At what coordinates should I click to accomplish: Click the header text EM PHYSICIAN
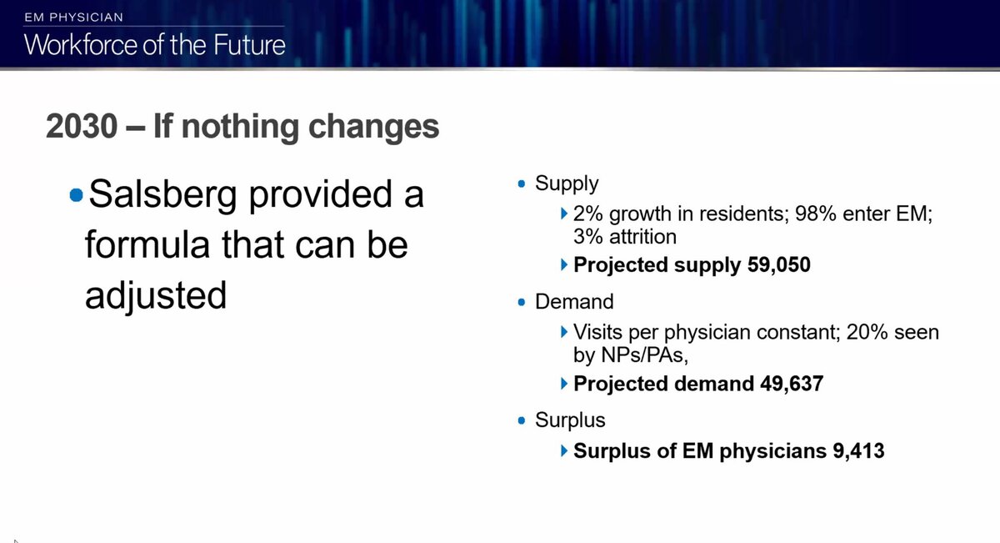click(x=73, y=18)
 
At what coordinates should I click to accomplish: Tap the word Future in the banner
click(x=249, y=45)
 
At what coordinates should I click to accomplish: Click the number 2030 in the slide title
click(x=82, y=126)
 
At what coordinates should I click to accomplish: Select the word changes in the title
click(x=373, y=128)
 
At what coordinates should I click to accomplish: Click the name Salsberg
click(x=162, y=194)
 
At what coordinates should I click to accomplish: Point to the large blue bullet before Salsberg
click(x=77, y=195)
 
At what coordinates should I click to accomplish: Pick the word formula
click(x=147, y=244)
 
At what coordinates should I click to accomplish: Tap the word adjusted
click(x=156, y=296)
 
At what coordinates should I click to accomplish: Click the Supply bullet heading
click(x=567, y=184)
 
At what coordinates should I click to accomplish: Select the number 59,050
click(x=779, y=264)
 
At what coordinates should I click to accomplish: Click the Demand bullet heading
click(x=574, y=302)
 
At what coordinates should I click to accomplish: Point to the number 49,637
click(x=792, y=384)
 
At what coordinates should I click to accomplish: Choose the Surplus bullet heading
click(x=570, y=420)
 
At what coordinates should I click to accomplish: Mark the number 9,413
click(x=859, y=450)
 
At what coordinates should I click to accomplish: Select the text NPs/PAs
click(x=642, y=355)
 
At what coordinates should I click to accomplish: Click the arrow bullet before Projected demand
click(x=564, y=384)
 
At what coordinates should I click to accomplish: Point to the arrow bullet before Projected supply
click(x=564, y=264)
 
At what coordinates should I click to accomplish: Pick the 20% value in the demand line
click(x=867, y=333)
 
